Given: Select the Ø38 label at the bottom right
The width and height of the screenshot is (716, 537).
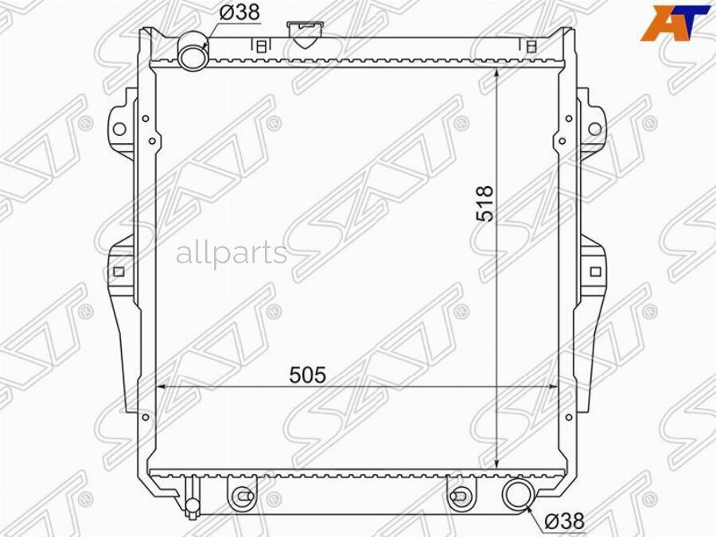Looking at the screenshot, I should coord(564,521).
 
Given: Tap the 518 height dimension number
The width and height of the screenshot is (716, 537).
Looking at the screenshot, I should coord(485,204).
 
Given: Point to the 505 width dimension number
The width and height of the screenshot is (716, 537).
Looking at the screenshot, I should coord(309,373).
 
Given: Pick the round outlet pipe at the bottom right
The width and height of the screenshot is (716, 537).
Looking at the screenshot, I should coord(518,495).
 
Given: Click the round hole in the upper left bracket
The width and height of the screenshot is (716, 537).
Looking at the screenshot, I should coord(119,129).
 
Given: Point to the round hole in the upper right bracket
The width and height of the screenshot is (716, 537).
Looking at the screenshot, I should coord(594,128).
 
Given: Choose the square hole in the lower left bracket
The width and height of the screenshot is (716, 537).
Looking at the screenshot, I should coord(119,271).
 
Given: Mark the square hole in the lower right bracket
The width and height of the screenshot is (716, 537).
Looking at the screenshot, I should coord(595,271).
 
